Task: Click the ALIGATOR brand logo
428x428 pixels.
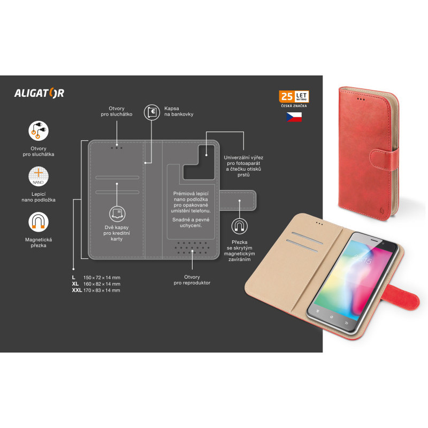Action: click(x=39, y=93)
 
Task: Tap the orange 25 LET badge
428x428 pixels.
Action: click(x=294, y=96)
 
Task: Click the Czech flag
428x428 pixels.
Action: click(x=294, y=117)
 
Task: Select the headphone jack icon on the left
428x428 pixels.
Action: click(x=39, y=131)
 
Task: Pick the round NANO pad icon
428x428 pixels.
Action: click(x=39, y=177)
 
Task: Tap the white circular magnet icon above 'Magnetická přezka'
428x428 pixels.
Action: click(x=39, y=222)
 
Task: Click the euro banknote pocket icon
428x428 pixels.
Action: click(x=152, y=112)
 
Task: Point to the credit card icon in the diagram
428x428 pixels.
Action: click(x=117, y=214)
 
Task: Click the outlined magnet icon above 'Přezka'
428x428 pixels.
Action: click(x=239, y=226)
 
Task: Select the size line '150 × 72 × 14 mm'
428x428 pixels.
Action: click(x=102, y=278)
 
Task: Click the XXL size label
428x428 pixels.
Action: click(x=77, y=291)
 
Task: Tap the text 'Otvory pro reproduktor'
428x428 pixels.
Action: click(x=192, y=280)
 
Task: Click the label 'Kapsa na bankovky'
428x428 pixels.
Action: click(x=179, y=111)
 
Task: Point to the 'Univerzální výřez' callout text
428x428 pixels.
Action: click(x=243, y=157)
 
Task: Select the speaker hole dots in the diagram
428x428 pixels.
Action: click(x=192, y=248)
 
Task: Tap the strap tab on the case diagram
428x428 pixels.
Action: click(x=238, y=200)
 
